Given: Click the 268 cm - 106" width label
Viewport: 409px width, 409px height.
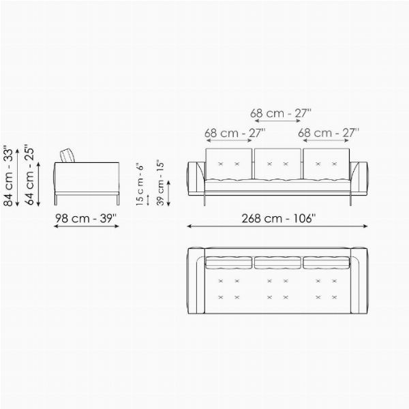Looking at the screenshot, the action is pyautogui.click(x=278, y=218).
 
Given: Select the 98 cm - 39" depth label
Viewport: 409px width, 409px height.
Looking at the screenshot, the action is pyautogui.click(x=86, y=218).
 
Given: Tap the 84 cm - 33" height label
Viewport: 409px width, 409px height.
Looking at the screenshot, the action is pyautogui.click(x=8, y=176).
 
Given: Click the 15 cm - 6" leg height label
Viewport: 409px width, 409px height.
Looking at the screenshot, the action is pyautogui.click(x=140, y=184).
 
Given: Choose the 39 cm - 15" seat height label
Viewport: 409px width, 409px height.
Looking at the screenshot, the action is pyautogui.click(x=160, y=183).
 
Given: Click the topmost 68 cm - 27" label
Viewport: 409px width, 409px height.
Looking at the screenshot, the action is pyautogui.click(x=281, y=113).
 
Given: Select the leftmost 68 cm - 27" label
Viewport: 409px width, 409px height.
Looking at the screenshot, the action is pyautogui.click(x=234, y=133).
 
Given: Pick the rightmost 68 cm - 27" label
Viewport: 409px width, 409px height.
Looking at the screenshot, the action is pyautogui.click(x=329, y=133).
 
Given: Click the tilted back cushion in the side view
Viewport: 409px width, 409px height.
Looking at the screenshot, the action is pyautogui.click(x=67, y=155).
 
